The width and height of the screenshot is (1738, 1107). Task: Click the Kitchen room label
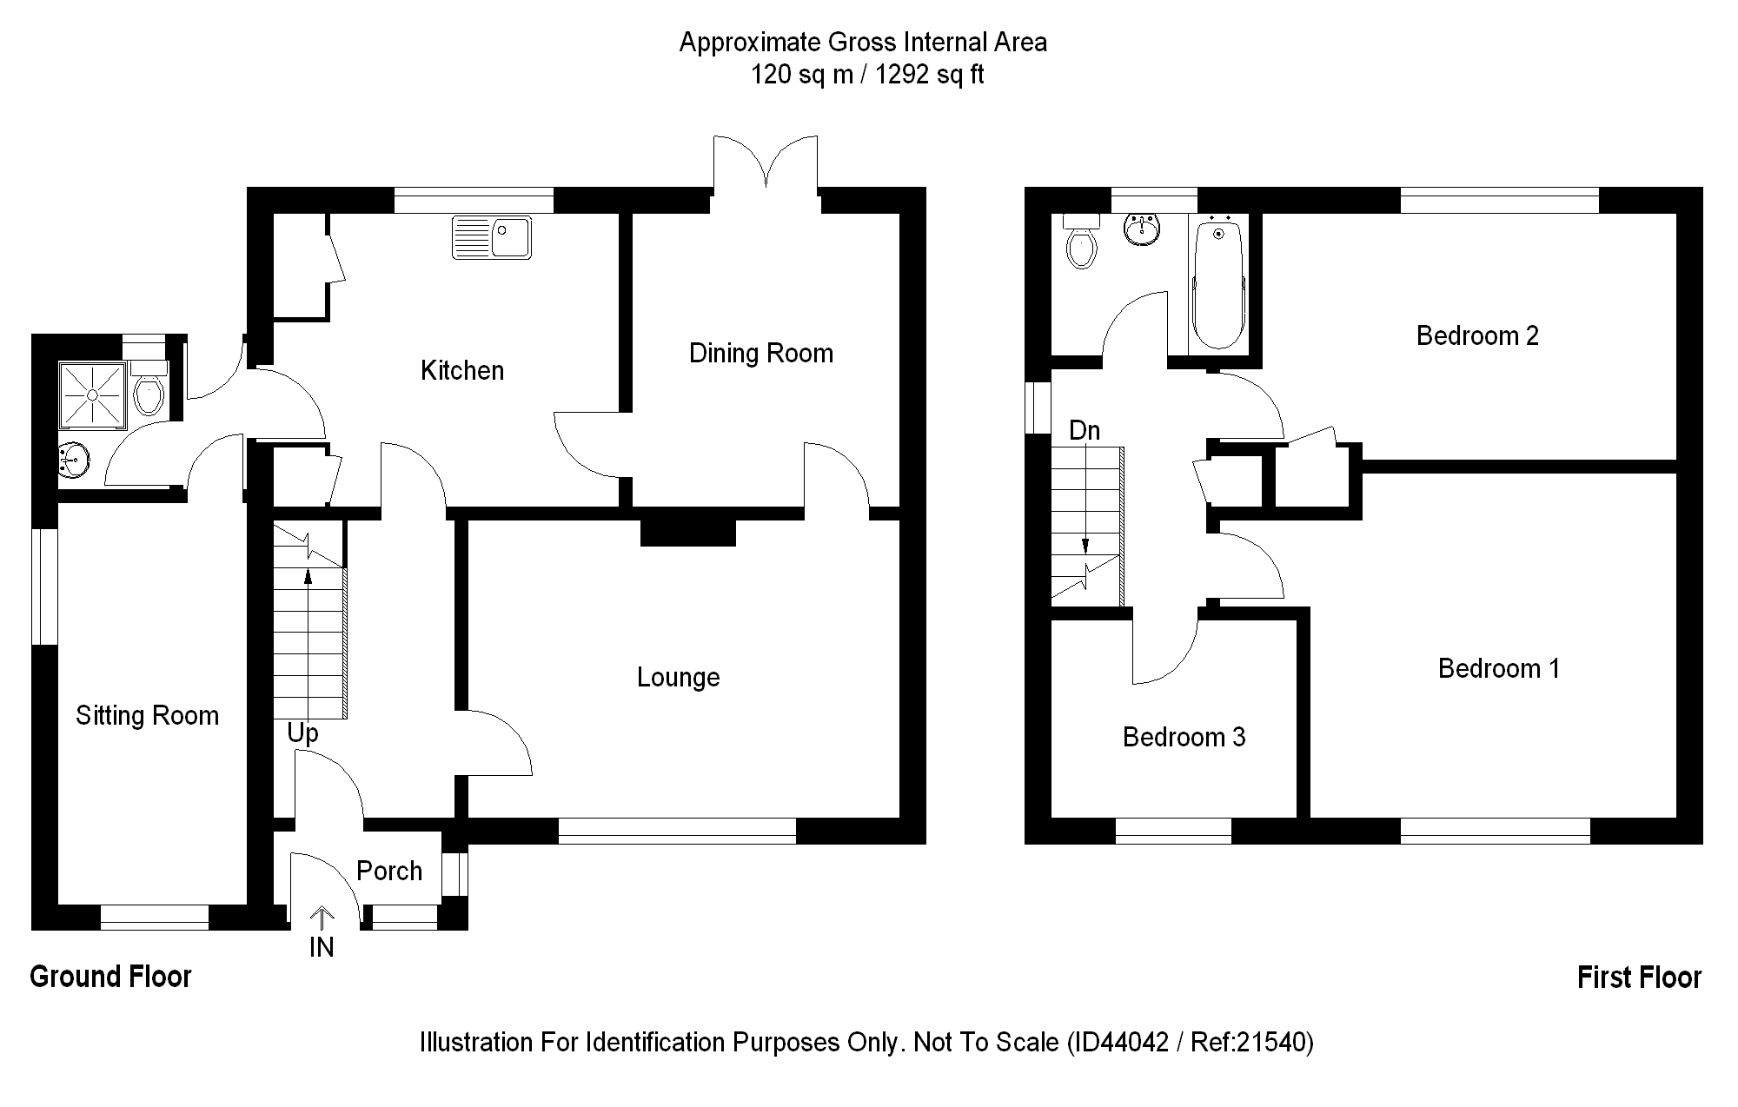[461, 371]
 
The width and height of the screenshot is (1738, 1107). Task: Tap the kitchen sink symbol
[491, 237]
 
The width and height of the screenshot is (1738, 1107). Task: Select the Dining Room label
[760, 354]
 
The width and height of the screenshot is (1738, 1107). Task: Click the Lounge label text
[678, 678]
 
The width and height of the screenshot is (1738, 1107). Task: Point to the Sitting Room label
[147, 716]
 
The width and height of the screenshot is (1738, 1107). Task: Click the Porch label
[389, 871]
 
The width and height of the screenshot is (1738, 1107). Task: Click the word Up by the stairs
[302, 733]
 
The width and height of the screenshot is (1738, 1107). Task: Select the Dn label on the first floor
[1085, 431]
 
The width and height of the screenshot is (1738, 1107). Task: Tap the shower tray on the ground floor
[92, 395]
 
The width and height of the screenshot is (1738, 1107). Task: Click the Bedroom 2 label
[1477, 335]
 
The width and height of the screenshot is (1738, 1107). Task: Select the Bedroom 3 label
[1184, 738]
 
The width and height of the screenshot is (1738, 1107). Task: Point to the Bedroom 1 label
[1498, 668]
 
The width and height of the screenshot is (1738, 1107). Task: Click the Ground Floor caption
[110, 977]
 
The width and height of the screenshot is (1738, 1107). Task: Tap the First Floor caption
[1639, 978]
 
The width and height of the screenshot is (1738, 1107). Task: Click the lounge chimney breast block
[687, 532]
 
